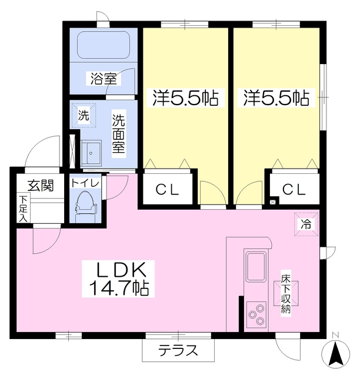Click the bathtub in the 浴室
104,45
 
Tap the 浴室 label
104,78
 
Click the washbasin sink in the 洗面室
91,153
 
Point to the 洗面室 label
119,133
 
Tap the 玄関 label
41,185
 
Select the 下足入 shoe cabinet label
24,209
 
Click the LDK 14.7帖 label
119,279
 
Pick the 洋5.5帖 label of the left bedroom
185,98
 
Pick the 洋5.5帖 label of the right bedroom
276,98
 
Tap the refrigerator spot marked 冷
306,224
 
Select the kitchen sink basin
256,266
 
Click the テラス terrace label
178,350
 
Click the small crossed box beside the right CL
272,202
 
